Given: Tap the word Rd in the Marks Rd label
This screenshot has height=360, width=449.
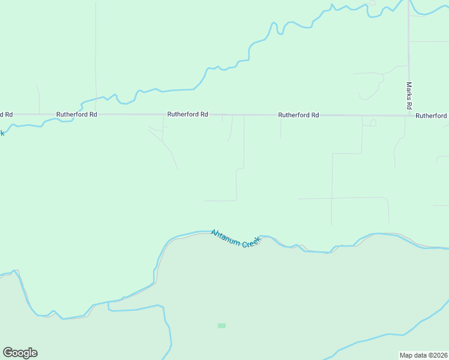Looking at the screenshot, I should pyautogui.click(x=409, y=104).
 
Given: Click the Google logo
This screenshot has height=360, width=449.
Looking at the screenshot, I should pyautogui.click(x=20, y=353).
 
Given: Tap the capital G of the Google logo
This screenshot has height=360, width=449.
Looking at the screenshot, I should pyautogui.click(x=8, y=352).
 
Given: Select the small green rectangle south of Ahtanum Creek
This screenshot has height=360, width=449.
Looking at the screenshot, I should pyautogui.click(x=221, y=326).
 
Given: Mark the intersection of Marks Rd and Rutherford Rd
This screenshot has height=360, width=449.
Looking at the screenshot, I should pyautogui.click(x=409, y=115).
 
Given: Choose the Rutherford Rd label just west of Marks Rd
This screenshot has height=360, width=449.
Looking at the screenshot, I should pyautogui.click(x=298, y=115).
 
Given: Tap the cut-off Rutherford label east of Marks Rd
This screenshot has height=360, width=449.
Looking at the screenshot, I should pyautogui.click(x=432, y=115).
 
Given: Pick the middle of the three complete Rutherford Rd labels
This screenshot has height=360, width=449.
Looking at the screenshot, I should pyautogui.click(x=188, y=114).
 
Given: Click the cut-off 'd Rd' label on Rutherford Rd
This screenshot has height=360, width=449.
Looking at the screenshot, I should pyautogui.click(x=6, y=114).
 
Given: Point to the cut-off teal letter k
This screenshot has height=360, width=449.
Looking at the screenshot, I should pyautogui.click(x=2, y=133).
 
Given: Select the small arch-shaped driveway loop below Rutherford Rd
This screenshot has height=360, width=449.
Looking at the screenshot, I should pyautogui.click(x=372, y=122).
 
